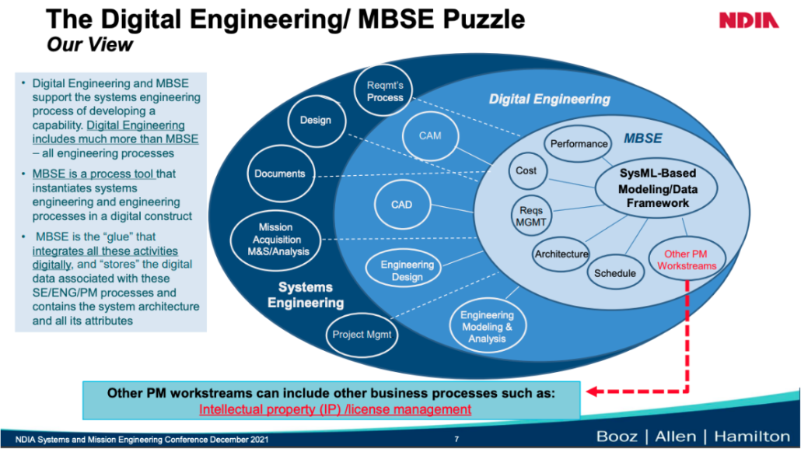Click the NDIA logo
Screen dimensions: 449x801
tap(748, 21)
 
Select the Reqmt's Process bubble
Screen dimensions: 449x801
tap(385, 90)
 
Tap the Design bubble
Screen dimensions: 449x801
tap(315, 121)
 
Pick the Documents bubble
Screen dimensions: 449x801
tap(279, 173)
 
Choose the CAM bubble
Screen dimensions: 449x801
tap(429, 136)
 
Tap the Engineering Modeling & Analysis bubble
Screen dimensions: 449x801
tap(487, 326)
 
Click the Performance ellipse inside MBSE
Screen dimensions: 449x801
tap(579, 144)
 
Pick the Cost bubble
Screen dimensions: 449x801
tap(526, 171)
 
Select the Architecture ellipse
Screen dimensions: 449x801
tap(561, 254)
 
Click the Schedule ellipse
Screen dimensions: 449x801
tap(615, 273)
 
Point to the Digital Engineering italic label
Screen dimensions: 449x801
tap(549, 100)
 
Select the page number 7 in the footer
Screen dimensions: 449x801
tap(456, 440)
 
